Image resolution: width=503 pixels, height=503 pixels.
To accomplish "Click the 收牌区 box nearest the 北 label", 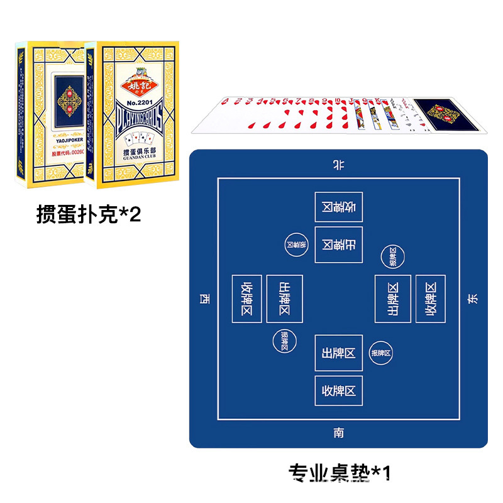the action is click(338, 207).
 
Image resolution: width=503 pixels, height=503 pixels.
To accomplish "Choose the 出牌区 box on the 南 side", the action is click(338, 353).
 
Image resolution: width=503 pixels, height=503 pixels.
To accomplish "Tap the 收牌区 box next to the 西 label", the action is click(247, 299).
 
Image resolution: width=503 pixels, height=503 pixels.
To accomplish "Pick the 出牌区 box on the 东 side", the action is click(393, 299).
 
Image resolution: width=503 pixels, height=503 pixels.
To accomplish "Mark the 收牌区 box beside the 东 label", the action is click(430, 299).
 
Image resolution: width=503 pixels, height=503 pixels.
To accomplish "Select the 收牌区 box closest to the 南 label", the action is click(338, 391).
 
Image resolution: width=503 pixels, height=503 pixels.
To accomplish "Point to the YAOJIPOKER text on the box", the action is click(64, 142).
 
